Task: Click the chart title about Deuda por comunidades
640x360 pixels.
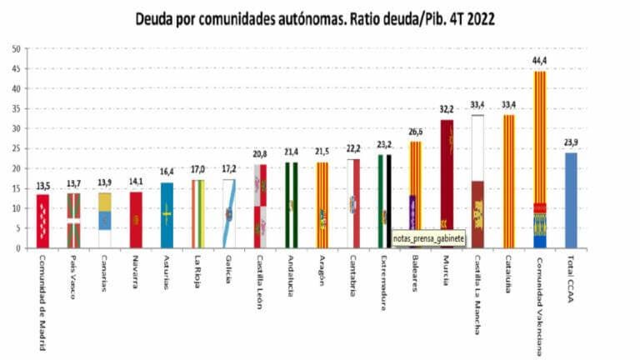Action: (x=320, y=18)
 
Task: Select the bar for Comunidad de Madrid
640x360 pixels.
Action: (x=43, y=221)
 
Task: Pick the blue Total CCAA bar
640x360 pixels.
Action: (x=571, y=200)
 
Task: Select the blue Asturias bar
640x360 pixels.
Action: (x=167, y=215)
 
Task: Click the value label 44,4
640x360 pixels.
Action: (x=539, y=61)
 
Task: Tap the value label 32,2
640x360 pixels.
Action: (x=447, y=109)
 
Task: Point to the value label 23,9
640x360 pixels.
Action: (x=571, y=142)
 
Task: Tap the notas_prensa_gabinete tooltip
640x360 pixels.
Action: (x=428, y=238)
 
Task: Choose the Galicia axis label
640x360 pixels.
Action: (x=227, y=271)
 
